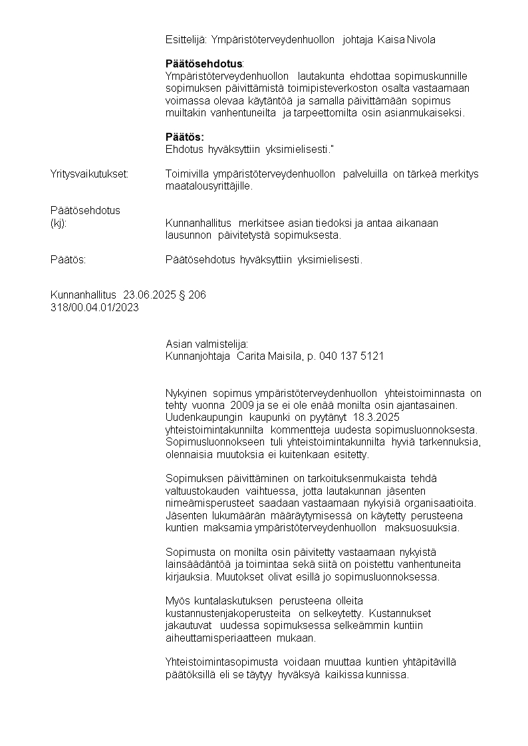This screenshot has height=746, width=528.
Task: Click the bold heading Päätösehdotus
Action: click(x=203, y=64)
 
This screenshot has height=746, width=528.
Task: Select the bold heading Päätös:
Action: click(x=184, y=137)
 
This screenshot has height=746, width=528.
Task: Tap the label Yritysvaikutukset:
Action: click(x=89, y=174)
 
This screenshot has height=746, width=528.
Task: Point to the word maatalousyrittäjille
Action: click(x=209, y=187)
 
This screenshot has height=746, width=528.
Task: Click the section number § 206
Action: click(x=193, y=295)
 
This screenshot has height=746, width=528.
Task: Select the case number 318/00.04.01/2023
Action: click(x=94, y=308)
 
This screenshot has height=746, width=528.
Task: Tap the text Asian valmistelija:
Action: click(x=206, y=344)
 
